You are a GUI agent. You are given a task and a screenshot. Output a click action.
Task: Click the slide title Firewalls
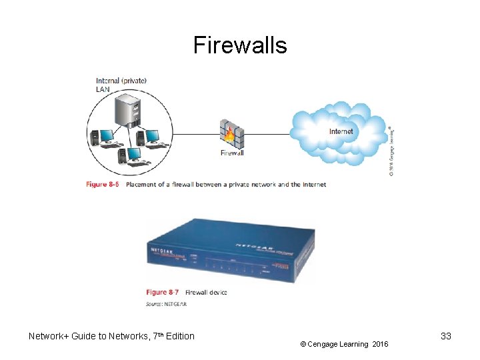click(240, 45)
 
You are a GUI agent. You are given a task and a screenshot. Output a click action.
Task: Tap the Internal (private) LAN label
click(121, 85)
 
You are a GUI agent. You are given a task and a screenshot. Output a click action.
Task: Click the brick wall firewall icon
click(232, 133)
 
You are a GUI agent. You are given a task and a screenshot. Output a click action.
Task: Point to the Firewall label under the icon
click(232, 153)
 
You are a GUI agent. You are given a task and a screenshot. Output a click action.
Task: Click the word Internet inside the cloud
click(341, 131)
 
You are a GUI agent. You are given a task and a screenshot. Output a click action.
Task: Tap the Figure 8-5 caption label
click(103, 185)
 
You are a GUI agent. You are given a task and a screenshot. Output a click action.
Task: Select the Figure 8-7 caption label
click(163, 292)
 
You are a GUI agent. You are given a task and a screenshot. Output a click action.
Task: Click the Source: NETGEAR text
click(166, 305)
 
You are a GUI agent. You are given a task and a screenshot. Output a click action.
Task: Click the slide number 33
click(446, 336)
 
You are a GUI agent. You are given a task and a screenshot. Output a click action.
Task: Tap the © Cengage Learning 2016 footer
click(343, 344)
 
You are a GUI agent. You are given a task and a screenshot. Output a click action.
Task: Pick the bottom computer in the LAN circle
click(131, 155)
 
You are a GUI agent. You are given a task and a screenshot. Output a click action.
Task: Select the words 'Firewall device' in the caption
click(206, 292)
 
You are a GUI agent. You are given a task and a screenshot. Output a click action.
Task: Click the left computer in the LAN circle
click(105, 138)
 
